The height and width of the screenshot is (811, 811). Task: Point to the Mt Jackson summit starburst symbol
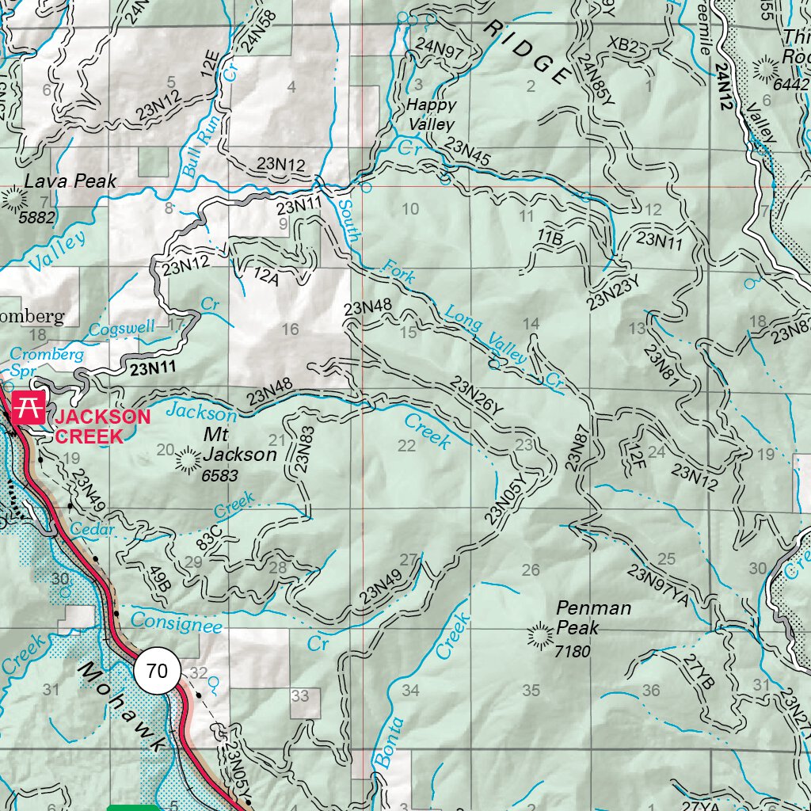[188, 459]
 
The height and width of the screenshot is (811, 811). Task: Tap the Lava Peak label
[70, 181]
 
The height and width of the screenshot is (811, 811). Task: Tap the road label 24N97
[439, 48]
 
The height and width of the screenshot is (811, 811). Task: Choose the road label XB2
[623, 45]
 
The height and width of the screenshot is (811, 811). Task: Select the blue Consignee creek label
[177, 622]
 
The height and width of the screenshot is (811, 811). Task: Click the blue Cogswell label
[122, 329]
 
